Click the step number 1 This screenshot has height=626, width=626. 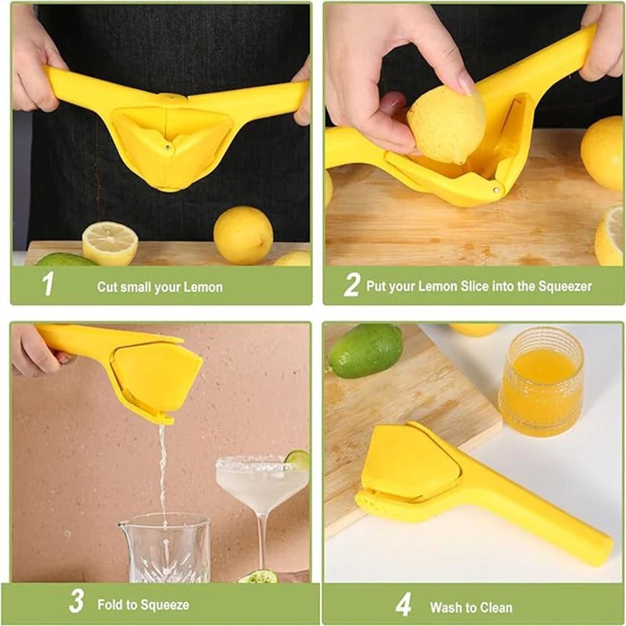[49, 284]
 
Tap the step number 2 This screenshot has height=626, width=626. [351, 285]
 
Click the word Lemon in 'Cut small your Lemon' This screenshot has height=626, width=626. [203, 287]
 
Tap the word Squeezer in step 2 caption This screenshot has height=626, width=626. [565, 286]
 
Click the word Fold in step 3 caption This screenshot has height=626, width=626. [110, 605]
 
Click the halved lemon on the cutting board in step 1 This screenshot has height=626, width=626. [110, 243]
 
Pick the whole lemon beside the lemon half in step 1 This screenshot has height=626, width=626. [243, 234]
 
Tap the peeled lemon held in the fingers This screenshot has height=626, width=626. [446, 124]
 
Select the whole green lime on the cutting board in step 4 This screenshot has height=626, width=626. [365, 351]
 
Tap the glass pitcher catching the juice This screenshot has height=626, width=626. [164, 548]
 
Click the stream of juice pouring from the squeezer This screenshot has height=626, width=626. [163, 469]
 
